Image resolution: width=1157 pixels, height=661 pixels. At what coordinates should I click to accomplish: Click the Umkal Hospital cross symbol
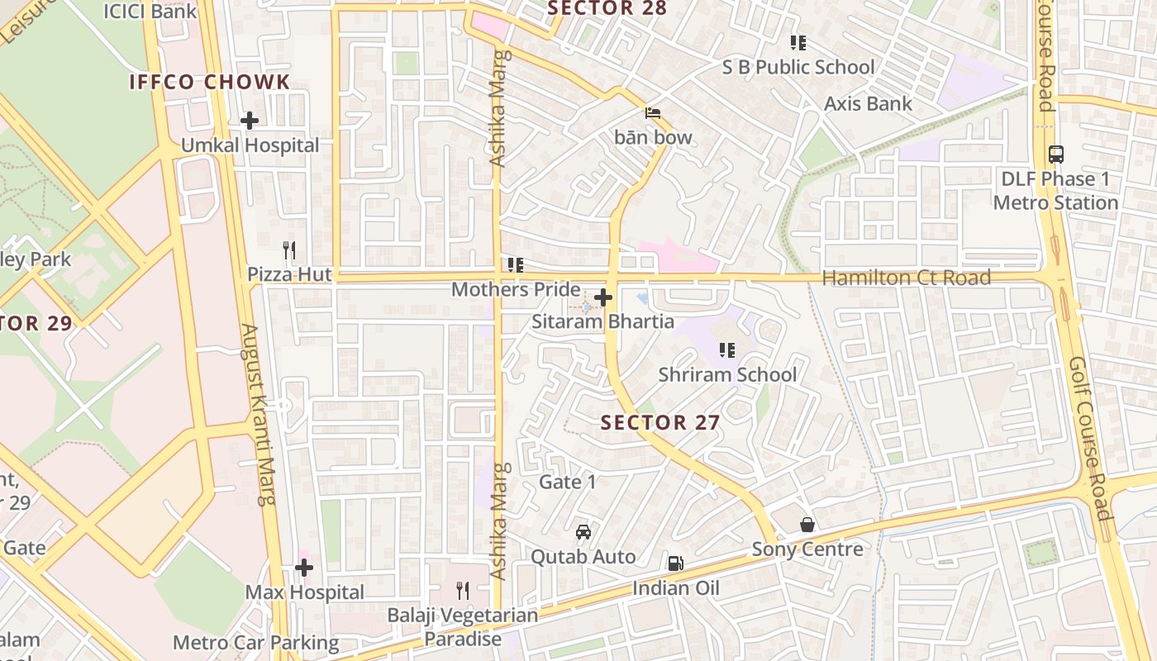tap(249, 121)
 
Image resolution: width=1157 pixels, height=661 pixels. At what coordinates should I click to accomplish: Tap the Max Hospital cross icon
tap(304, 568)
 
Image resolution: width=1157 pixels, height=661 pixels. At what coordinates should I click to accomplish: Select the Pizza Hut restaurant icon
tap(288, 250)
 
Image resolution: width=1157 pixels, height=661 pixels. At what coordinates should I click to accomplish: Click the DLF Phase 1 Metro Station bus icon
tap(1055, 154)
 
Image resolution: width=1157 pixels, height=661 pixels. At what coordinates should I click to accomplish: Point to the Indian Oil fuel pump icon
tap(675, 564)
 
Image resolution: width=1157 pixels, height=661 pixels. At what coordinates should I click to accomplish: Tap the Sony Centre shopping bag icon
tap(807, 525)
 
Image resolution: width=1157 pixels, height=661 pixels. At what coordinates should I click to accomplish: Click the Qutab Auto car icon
tap(583, 531)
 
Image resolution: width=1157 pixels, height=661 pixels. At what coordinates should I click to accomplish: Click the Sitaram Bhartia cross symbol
tap(603, 297)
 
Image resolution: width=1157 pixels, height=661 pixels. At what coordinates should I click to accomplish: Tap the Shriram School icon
tap(727, 350)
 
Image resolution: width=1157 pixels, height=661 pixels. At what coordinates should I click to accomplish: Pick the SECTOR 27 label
tap(659, 422)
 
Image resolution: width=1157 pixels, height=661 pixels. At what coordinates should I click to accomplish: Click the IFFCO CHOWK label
tap(210, 82)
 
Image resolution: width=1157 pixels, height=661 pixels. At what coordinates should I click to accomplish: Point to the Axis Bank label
tap(868, 103)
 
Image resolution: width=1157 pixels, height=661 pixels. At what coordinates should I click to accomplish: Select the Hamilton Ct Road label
tap(906, 278)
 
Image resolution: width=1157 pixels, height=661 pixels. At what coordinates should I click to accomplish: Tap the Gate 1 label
tap(567, 482)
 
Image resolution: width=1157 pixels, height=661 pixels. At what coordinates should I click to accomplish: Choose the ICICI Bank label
tap(150, 11)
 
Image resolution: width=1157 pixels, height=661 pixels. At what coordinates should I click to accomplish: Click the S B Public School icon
tap(798, 42)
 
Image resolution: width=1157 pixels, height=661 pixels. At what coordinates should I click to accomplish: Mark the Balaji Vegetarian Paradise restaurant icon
tap(463, 590)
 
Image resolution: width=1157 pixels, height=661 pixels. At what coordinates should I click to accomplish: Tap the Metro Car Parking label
tap(255, 642)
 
